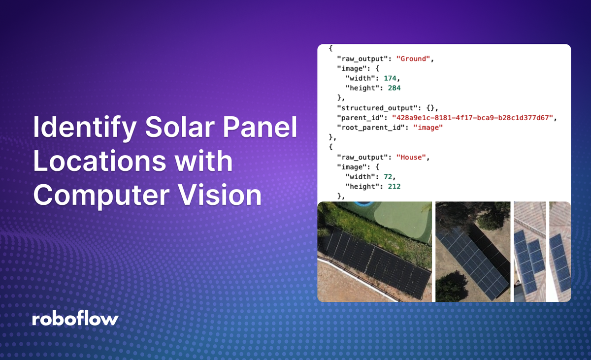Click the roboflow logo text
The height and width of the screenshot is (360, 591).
coord(75,319)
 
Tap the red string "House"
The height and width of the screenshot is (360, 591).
coord(413,158)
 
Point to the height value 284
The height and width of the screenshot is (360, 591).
coord(394,88)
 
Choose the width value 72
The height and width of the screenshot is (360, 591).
coord(386,177)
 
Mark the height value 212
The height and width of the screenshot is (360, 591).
coord(394,187)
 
